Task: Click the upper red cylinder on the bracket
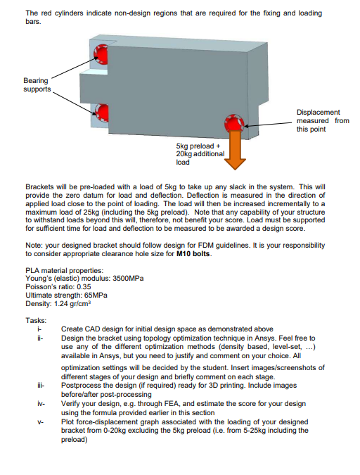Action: click(x=101, y=54)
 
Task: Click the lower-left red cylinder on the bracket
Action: click(x=101, y=111)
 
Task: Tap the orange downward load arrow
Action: click(x=235, y=152)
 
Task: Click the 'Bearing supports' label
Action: click(x=37, y=86)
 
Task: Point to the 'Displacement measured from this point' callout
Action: click(x=323, y=120)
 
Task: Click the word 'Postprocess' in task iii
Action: click(x=81, y=386)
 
